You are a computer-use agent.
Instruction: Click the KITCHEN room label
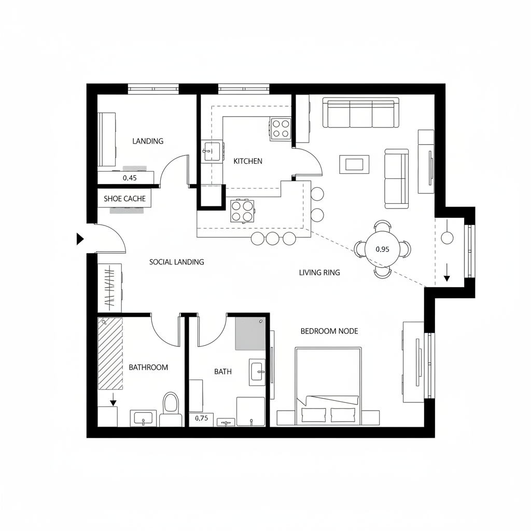[248, 161]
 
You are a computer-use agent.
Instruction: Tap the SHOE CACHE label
[124, 199]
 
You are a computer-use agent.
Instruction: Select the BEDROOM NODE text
[329, 331]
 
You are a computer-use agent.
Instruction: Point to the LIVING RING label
[319, 272]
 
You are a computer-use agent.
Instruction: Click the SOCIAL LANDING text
[176, 262]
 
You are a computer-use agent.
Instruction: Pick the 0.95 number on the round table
[382, 249]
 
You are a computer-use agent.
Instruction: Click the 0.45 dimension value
[130, 178]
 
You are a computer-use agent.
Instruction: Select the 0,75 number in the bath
[201, 418]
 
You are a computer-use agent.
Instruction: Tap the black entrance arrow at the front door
[80, 239]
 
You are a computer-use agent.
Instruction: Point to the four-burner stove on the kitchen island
[242, 211]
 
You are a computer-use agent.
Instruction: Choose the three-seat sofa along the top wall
[361, 113]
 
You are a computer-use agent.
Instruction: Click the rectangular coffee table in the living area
[354, 164]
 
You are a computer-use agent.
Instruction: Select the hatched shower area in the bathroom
[110, 353]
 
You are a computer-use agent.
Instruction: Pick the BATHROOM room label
[148, 367]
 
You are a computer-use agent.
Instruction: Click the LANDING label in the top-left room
[148, 141]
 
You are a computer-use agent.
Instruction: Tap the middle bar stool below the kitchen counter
[273, 239]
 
